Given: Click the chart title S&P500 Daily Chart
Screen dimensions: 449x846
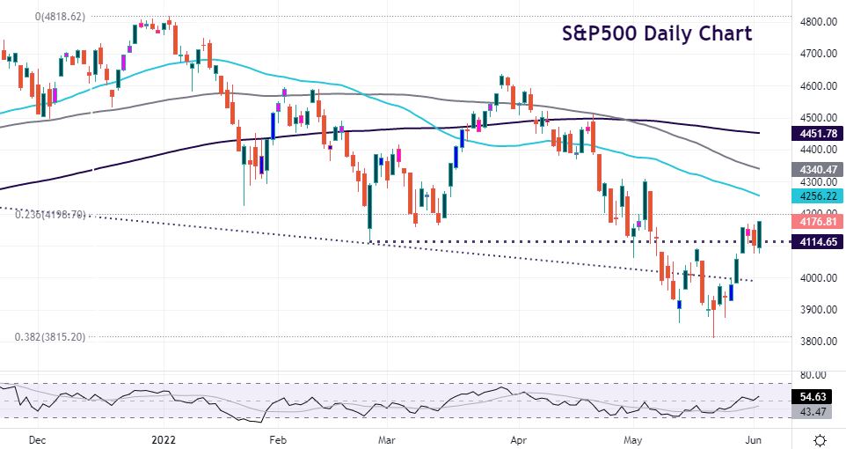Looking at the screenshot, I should [657, 33].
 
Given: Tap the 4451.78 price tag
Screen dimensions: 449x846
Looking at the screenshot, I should [816, 133].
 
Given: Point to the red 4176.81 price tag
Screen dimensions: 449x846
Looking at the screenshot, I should [816, 220].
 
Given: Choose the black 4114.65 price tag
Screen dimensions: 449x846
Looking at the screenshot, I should [816, 241].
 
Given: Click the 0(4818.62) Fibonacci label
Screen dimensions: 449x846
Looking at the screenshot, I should [61, 17].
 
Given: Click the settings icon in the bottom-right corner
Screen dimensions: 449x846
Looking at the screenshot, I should [820, 438].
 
